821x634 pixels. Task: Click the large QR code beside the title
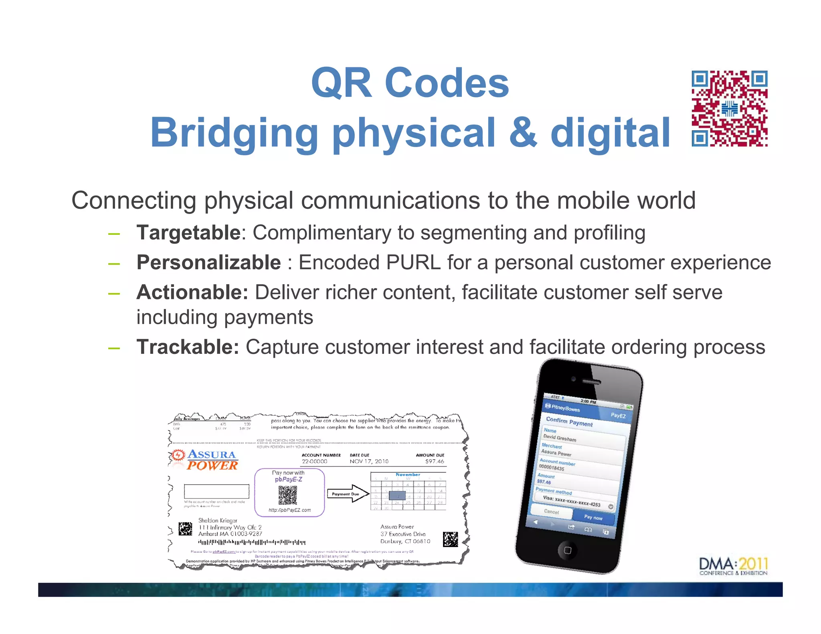click(x=729, y=109)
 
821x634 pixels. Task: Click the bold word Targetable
click(x=188, y=233)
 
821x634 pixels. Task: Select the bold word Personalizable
click(x=208, y=262)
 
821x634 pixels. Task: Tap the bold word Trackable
click(x=188, y=347)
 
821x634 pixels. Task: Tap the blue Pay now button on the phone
click(x=593, y=517)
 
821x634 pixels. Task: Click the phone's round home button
click(x=567, y=550)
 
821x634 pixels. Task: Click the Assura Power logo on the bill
click(x=205, y=460)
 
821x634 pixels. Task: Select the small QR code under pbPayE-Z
click(x=288, y=495)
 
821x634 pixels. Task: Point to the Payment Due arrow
click(x=348, y=494)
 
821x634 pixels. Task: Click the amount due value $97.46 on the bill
click(x=435, y=461)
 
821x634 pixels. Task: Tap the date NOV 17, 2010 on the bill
click(x=369, y=461)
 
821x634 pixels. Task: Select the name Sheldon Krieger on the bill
click(x=218, y=520)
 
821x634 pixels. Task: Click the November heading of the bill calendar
click(x=408, y=474)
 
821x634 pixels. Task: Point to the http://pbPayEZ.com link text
click(x=289, y=510)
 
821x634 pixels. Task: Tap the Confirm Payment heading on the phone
click(x=569, y=422)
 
